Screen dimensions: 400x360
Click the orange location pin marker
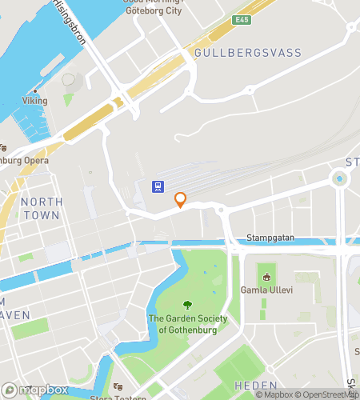tap(181, 200)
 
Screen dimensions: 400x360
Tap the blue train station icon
tap(159, 187)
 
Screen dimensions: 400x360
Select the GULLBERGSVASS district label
tap(248, 53)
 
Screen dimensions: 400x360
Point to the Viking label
tap(34, 101)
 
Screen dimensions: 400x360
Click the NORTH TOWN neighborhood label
tap(41, 209)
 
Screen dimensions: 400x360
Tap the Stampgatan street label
tap(269, 238)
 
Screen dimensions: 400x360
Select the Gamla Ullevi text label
tap(266, 290)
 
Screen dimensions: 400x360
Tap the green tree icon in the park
tap(188, 305)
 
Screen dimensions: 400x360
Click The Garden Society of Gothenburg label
tap(188, 324)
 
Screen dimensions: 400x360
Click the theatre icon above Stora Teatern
tap(118, 386)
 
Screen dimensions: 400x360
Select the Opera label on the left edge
tap(24, 160)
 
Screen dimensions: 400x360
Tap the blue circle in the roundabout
tap(340, 179)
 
